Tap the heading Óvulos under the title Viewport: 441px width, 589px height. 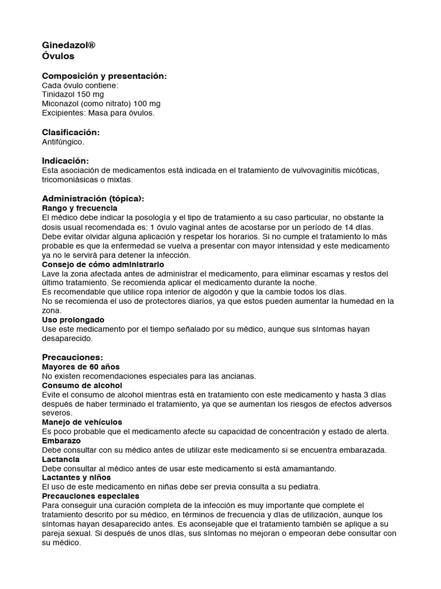(x=59, y=56)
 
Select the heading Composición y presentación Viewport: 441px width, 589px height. (x=105, y=77)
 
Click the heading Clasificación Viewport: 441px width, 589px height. (x=71, y=132)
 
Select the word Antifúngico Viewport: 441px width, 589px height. (x=63, y=141)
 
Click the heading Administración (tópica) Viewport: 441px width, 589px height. (x=93, y=198)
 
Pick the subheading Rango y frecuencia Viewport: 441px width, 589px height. (x=80, y=208)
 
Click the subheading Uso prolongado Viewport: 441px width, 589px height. (x=73, y=320)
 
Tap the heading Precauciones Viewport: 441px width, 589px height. (x=73, y=358)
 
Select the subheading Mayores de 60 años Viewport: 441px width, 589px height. (x=81, y=367)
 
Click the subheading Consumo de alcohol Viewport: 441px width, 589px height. (x=82, y=385)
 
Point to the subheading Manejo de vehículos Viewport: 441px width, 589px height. (x=82, y=423)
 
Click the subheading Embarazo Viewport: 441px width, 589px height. (x=61, y=441)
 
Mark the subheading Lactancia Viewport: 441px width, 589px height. (x=61, y=460)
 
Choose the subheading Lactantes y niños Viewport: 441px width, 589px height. (x=77, y=478)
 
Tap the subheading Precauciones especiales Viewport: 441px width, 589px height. (x=91, y=496)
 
